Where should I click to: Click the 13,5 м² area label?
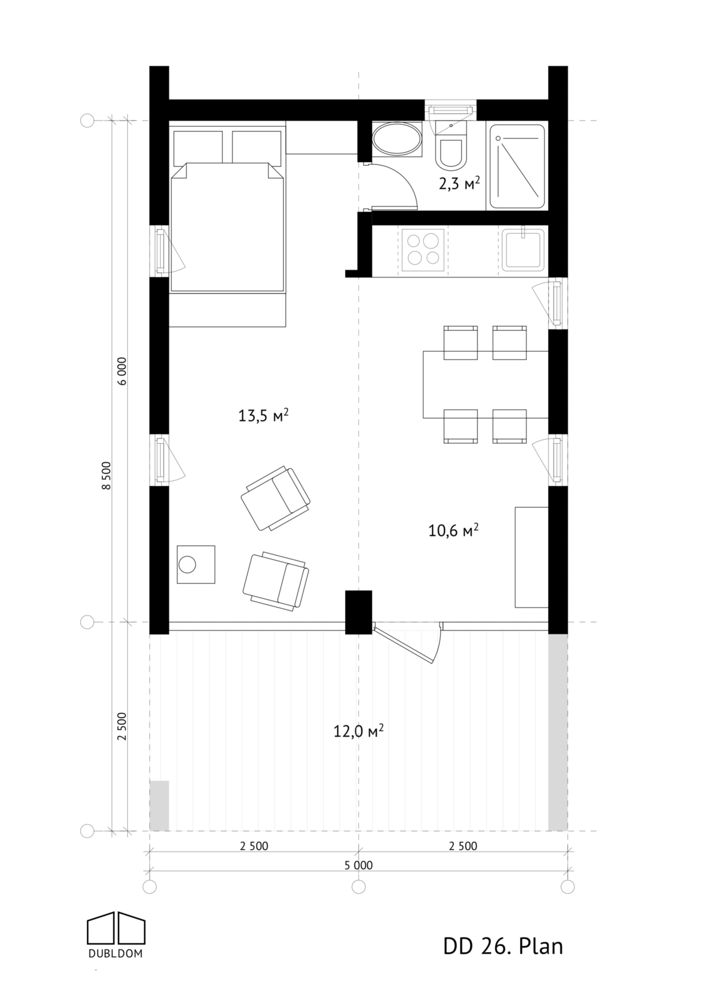[263, 415]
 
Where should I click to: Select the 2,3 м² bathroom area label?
[459, 183]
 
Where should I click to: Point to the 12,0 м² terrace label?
[358, 730]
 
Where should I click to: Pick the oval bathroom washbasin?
[397, 139]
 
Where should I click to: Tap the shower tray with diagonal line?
[517, 166]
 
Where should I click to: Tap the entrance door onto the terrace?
[407, 644]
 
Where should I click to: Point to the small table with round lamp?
[196, 564]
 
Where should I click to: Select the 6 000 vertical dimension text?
[122, 371]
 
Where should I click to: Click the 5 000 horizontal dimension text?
[358, 865]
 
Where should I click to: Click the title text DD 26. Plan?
[503, 946]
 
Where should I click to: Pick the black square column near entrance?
[358, 611]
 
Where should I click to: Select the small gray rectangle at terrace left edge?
[160, 805]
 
